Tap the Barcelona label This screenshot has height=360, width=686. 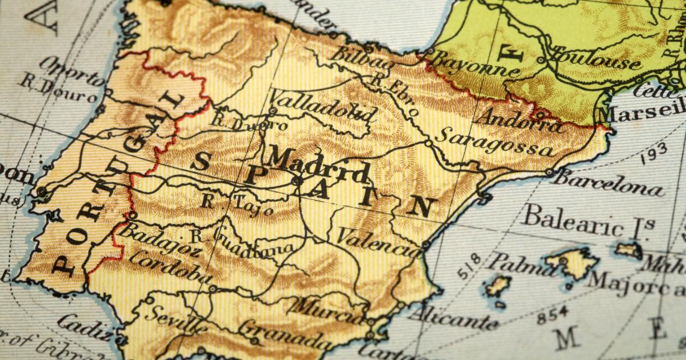point(609,183)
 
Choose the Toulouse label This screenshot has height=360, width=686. point(595,60)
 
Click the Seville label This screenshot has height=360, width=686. point(175,319)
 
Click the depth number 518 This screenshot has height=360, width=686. point(468,266)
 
